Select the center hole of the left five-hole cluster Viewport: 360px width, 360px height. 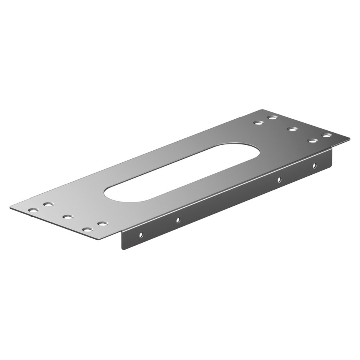pos(68,217)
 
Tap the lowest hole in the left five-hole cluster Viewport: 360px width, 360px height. pos(88,230)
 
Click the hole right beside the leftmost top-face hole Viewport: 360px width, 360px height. pos(48,204)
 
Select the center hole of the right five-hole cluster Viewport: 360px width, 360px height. pos(293,129)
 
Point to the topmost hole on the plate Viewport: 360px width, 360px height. pos(273,118)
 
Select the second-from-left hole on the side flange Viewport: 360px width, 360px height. pos(178,220)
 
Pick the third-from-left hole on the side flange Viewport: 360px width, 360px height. pos(279,179)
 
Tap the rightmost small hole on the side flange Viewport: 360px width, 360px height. pos(314,165)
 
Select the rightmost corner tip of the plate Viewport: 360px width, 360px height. pos(350,139)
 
